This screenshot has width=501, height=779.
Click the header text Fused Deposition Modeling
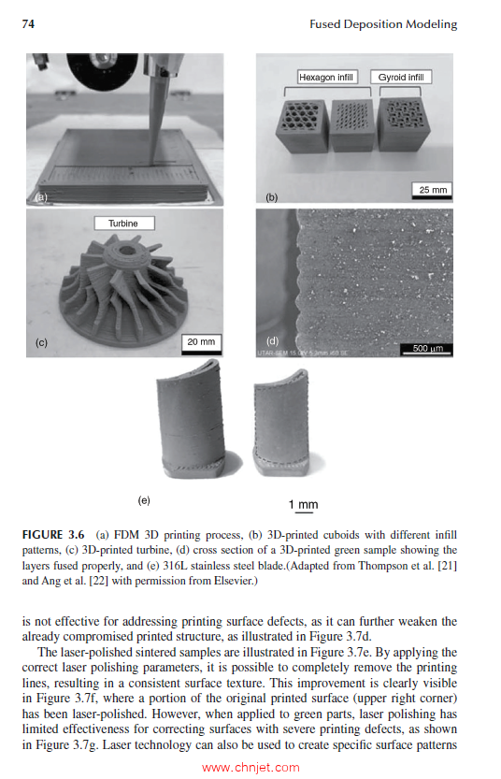[383, 24]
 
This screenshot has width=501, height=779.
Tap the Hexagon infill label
[326, 77]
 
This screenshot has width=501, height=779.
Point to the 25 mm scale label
[433, 190]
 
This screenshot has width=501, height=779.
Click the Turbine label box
[123, 224]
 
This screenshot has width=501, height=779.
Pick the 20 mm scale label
[201, 341]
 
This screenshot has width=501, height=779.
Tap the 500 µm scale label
[426, 349]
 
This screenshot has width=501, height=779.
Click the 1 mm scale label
[303, 505]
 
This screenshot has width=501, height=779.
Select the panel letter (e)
[144, 500]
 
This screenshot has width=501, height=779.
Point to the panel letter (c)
[41, 343]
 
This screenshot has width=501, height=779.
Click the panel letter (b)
[272, 197]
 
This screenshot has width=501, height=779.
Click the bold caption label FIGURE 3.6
[57, 535]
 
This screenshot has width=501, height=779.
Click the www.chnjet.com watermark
[250, 768]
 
